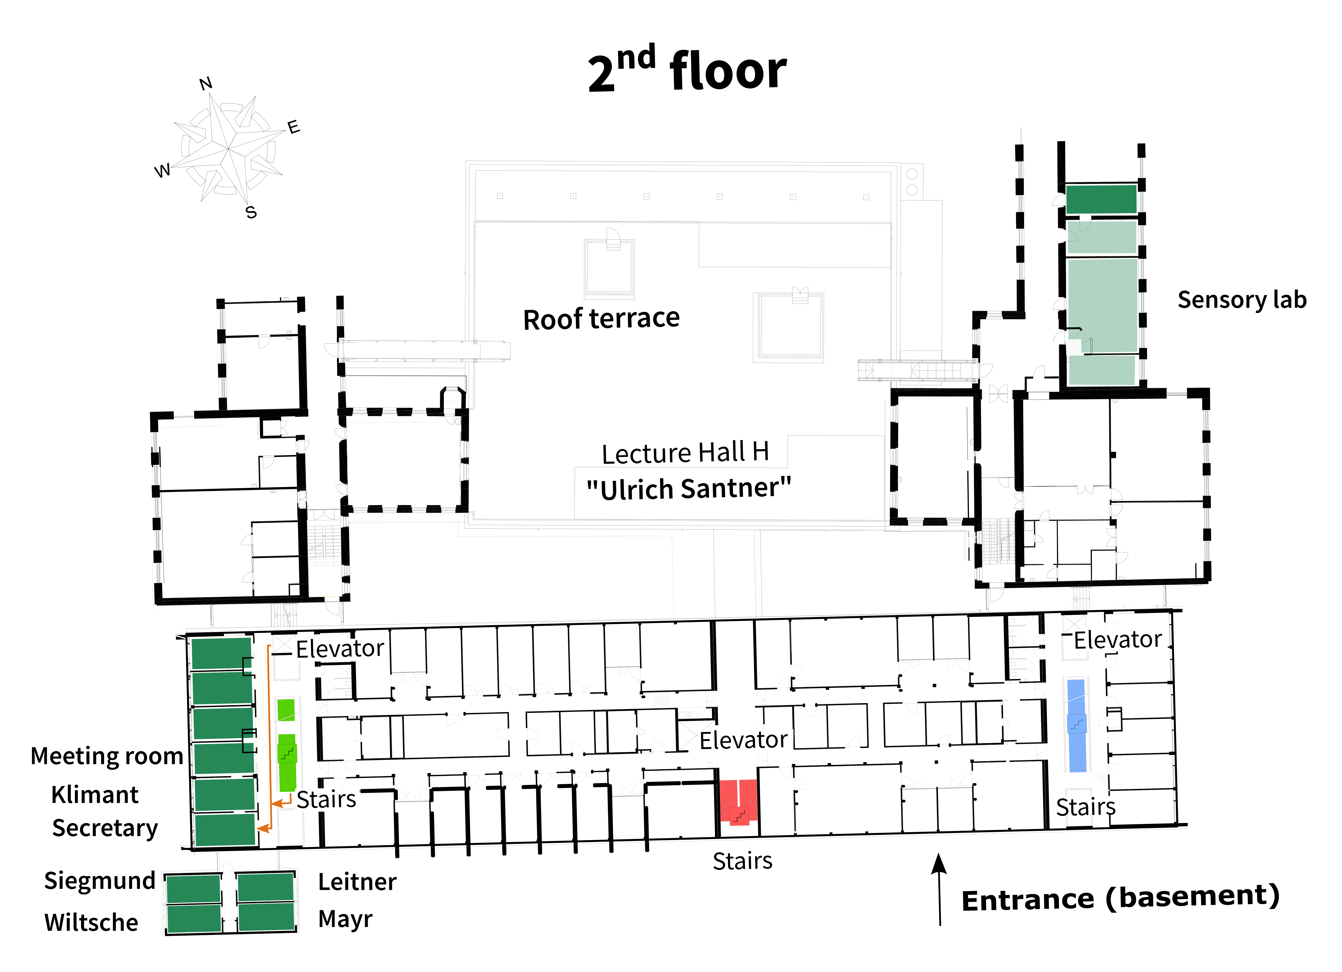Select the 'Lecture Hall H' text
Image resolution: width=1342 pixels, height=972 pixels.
pos(685,453)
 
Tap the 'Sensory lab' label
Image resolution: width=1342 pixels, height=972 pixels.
pos(1241,300)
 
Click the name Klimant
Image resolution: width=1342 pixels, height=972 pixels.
pos(95,794)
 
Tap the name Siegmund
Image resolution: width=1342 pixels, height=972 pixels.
pos(99,880)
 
